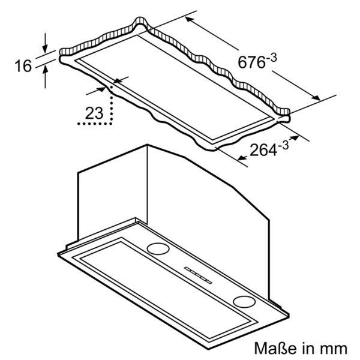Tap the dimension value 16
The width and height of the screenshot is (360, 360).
(x=23, y=65)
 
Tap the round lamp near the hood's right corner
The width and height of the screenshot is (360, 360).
(x=244, y=301)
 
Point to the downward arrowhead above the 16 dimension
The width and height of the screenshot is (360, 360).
(x=46, y=49)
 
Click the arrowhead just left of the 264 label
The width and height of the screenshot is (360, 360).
(x=241, y=158)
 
